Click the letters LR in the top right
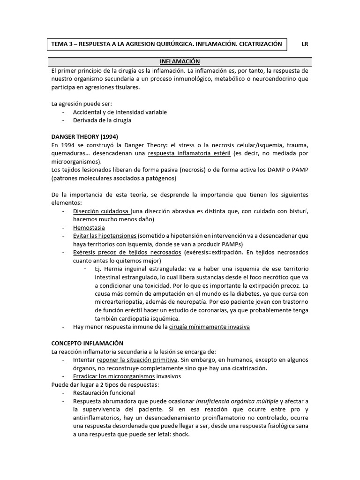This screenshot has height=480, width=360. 305,44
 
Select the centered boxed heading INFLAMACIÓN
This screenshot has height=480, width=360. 180,61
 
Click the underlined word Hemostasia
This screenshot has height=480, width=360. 89,228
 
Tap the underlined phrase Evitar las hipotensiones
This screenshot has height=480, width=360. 105,236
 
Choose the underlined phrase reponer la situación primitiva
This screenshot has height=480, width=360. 137,360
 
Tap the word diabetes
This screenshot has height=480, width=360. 248,294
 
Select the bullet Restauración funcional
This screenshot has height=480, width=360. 104,393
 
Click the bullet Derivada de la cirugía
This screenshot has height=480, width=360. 102,120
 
